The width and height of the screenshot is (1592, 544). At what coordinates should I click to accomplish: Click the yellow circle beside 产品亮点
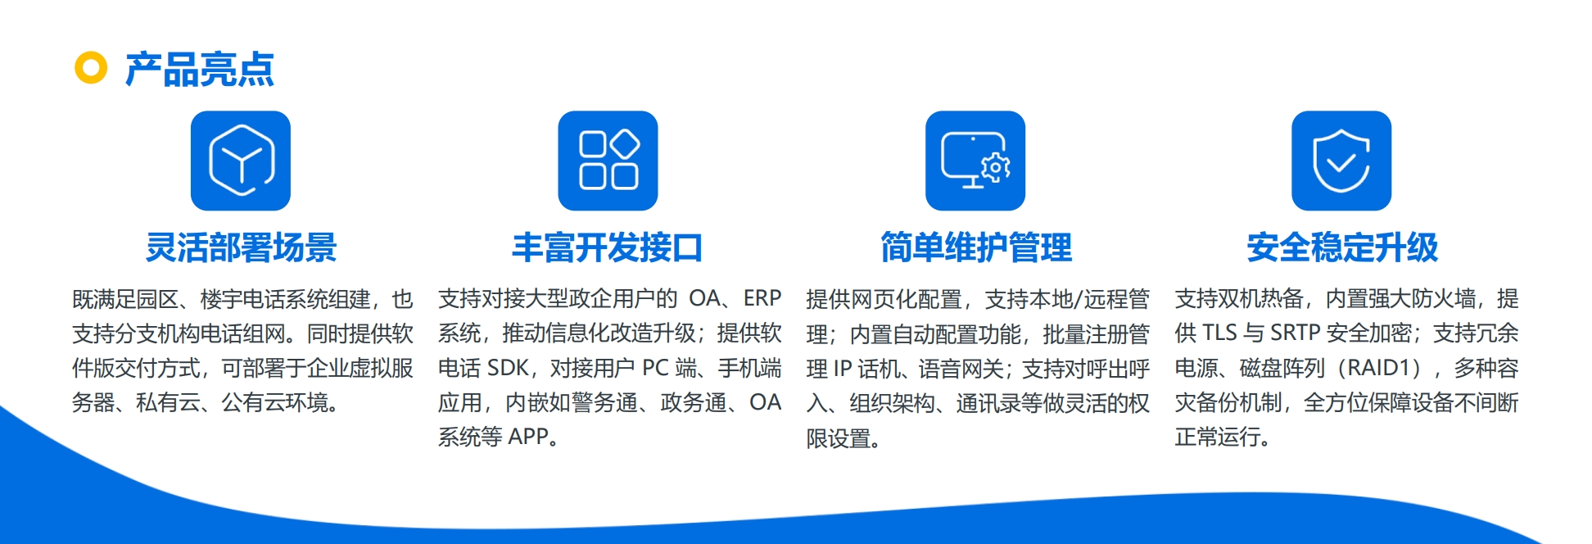pos(91,68)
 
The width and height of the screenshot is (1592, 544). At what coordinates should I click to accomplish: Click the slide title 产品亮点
pos(199,69)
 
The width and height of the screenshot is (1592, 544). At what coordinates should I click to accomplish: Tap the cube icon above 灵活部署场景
pos(241,161)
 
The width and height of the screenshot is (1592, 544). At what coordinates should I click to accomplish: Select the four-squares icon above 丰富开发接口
pos(608,161)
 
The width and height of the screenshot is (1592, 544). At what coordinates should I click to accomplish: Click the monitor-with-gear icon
pos(975,161)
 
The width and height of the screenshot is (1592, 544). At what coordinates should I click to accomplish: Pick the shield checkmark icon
pos(1341,161)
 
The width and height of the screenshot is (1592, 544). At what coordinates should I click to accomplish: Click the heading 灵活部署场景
pos(242,247)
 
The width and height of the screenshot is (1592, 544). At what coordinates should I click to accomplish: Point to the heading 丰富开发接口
pos(608,247)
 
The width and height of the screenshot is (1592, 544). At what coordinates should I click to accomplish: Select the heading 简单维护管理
pos(976,247)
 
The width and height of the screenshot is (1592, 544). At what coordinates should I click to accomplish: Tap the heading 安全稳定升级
pos(1342,247)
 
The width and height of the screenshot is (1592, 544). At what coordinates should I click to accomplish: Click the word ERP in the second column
pos(762,298)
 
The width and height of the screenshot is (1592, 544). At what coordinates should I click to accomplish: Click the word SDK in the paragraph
pos(508,368)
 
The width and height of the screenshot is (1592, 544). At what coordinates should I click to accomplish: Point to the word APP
pos(528,437)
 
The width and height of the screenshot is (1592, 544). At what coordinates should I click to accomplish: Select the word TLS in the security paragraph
pos(1219,333)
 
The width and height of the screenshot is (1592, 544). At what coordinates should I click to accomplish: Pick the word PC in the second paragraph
pos(655,368)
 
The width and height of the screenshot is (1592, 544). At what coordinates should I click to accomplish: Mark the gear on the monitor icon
pos(996,168)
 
